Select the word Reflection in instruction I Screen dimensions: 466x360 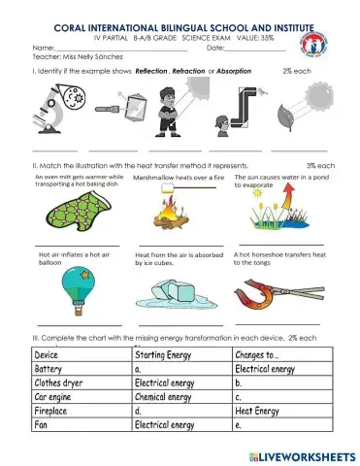(x=152, y=72)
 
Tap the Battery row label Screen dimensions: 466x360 (x=49, y=369)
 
